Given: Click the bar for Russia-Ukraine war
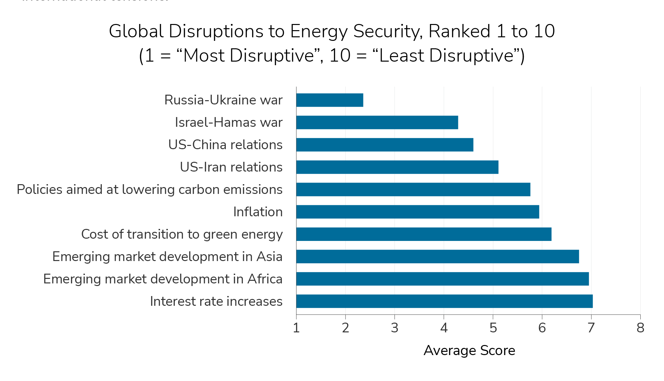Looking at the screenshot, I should (x=329, y=100).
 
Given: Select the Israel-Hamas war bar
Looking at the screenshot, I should (x=377, y=123).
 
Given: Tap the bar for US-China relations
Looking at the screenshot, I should (x=384, y=145).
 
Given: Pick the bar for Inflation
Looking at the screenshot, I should (x=418, y=212).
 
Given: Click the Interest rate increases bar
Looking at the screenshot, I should (x=444, y=302).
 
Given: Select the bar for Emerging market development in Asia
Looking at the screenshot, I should (x=437, y=257).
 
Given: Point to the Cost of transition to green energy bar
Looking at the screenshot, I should (x=424, y=234).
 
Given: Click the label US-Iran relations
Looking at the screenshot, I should (x=231, y=167).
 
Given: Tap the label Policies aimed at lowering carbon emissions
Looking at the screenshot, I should (x=149, y=190).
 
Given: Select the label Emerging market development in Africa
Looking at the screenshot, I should (x=163, y=279).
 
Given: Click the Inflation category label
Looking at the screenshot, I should (x=258, y=212).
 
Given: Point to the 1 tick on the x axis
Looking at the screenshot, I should (x=296, y=328).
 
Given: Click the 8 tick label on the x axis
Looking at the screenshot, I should (x=640, y=328).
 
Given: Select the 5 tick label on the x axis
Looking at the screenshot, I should (x=493, y=328).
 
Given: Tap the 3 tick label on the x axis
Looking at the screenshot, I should (x=394, y=328).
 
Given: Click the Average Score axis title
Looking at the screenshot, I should (x=469, y=351).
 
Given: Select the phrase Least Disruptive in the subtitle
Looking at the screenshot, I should (x=446, y=56).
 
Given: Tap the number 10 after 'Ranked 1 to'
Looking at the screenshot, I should (x=544, y=32).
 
